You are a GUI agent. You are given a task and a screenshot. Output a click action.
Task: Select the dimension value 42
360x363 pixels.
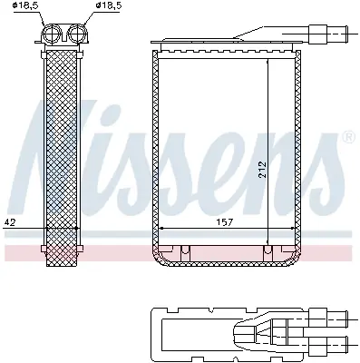click(x=10, y=221)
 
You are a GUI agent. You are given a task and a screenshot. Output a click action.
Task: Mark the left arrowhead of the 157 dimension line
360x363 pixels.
click(x=161, y=227)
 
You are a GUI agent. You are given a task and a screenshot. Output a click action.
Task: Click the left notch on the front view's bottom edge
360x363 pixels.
click(x=183, y=250)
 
